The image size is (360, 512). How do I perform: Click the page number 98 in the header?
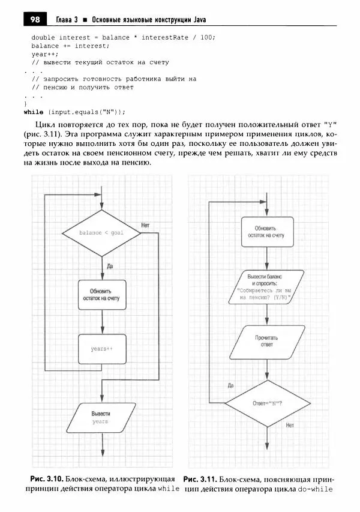(x=34, y=20)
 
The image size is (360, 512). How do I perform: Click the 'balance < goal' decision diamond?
(x=101, y=232)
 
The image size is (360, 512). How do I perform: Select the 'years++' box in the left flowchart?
(x=102, y=348)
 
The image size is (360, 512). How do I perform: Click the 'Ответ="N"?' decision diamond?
(x=268, y=403)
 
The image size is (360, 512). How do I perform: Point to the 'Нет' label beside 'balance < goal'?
(x=145, y=225)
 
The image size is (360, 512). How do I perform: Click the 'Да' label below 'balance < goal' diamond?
(x=109, y=265)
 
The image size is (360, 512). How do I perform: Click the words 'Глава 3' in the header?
(x=67, y=20)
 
